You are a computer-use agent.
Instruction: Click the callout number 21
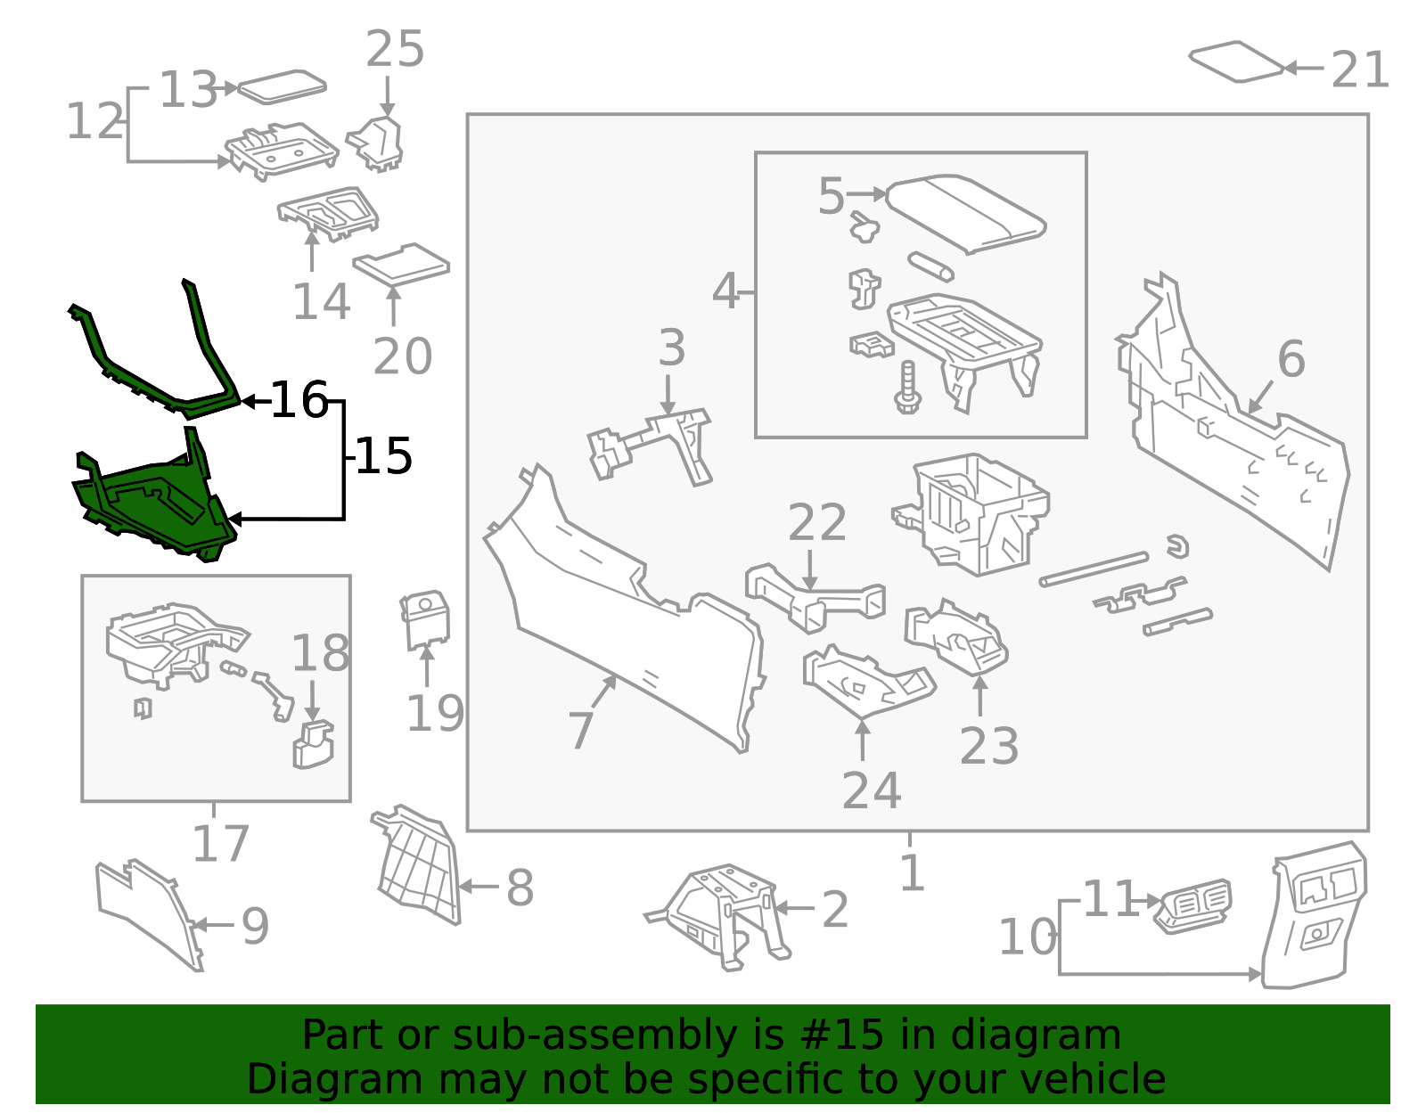tap(1360, 70)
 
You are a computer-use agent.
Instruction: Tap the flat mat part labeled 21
tap(1236, 61)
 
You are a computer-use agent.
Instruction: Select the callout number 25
tap(394, 49)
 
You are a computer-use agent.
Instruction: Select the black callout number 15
tap(384, 456)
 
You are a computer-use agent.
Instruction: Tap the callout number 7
tap(580, 731)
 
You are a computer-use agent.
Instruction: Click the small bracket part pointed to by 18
tap(312, 746)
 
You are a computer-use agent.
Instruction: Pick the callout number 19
tap(435, 713)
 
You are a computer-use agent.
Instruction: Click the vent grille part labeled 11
tap(1195, 905)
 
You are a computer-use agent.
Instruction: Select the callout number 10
tap(1027, 937)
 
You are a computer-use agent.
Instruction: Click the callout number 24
tap(871, 790)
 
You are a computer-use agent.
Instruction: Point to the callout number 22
tap(816, 523)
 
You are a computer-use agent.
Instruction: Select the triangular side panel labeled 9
tap(147, 913)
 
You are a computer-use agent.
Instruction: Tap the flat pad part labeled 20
tap(401, 265)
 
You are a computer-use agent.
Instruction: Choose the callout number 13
tap(188, 90)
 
